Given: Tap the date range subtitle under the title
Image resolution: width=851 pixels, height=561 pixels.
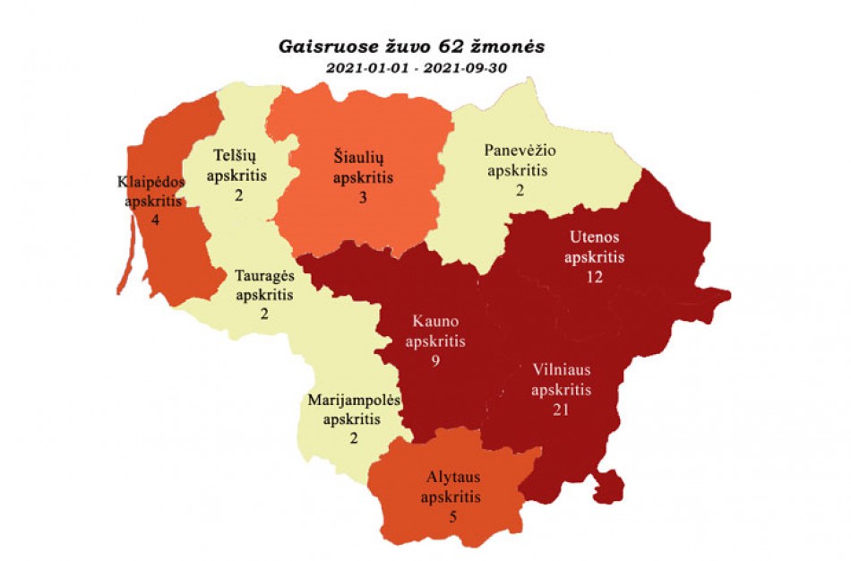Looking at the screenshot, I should click(414, 68).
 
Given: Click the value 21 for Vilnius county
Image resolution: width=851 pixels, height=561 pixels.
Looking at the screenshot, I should click(562, 410).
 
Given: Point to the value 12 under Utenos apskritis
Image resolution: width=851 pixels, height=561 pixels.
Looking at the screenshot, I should click(593, 277).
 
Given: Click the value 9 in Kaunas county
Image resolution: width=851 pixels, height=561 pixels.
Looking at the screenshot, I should click(434, 362).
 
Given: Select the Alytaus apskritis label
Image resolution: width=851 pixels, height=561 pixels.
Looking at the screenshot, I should click(451, 488).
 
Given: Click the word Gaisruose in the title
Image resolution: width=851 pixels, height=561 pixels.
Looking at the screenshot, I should click(319, 46).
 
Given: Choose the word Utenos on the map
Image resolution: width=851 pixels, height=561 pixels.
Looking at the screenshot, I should click(594, 237).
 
